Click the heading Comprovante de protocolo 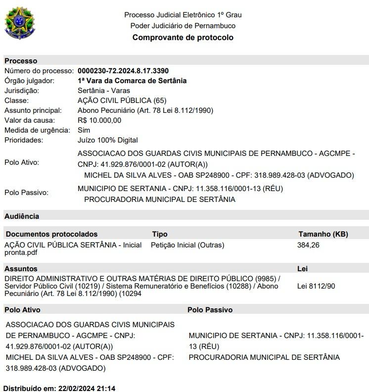click(183, 38)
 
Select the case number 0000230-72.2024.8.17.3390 click(123, 71)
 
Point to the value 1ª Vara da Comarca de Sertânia click(132, 81)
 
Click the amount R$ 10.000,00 click(99, 120)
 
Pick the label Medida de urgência click(37, 130)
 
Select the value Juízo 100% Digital click(108, 140)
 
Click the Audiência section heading click(22, 216)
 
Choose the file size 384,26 click(309, 245)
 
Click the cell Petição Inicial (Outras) click(187, 245)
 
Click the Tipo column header click(160, 234)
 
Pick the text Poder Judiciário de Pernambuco click(183, 26)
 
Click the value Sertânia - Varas click(103, 91)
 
